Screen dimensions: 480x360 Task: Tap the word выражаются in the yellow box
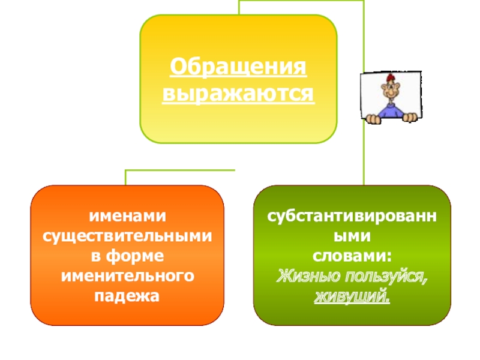(x=238, y=94)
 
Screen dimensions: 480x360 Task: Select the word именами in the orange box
(x=127, y=215)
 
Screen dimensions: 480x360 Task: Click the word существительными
(x=127, y=235)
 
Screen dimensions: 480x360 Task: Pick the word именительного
(x=127, y=276)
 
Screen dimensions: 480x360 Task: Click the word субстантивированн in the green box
(x=352, y=215)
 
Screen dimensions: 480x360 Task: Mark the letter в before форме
(x=95, y=256)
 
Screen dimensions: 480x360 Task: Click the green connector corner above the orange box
(x=126, y=172)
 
